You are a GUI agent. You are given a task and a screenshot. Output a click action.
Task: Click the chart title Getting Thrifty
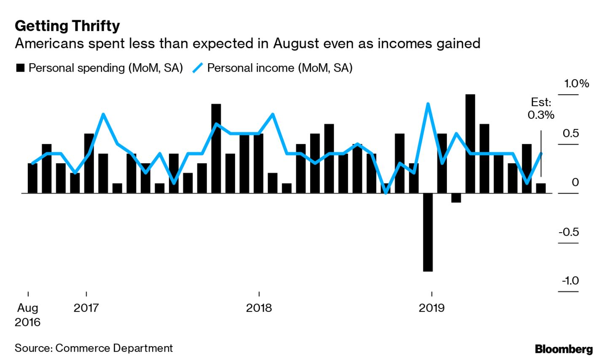[x=67, y=26]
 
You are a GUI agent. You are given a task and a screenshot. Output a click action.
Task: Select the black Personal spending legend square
[x=20, y=68]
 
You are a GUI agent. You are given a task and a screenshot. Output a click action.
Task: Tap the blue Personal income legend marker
[x=197, y=68]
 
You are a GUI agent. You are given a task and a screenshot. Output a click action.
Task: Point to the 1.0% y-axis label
[x=577, y=83]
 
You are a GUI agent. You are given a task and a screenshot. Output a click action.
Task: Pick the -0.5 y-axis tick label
[x=568, y=232]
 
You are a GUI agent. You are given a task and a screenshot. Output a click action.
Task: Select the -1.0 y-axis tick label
[x=569, y=281]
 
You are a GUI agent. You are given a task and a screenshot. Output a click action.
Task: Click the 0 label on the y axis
[x=575, y=183]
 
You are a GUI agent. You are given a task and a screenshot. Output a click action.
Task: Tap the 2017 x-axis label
[x=86, y=308]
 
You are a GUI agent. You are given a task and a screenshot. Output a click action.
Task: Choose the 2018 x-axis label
[x=259, y=308]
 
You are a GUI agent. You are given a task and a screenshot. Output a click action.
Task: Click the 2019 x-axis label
[x=431, y=308]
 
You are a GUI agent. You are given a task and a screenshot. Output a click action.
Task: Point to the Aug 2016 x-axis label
[x=27, y=315]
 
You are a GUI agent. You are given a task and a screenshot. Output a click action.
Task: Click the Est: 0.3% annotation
[x=541, y=108]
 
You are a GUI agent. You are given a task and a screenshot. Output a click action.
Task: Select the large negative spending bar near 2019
[x=428, y=232]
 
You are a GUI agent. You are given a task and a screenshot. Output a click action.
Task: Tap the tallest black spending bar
[x=470, y=143]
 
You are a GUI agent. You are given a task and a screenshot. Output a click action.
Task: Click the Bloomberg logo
[x=564, y=349]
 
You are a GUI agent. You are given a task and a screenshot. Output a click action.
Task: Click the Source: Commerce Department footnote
[x=94, y=348]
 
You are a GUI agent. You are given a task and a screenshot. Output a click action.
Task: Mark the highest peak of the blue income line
[x=428, y=104]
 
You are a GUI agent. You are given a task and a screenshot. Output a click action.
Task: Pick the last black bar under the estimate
[x=541, y=188]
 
